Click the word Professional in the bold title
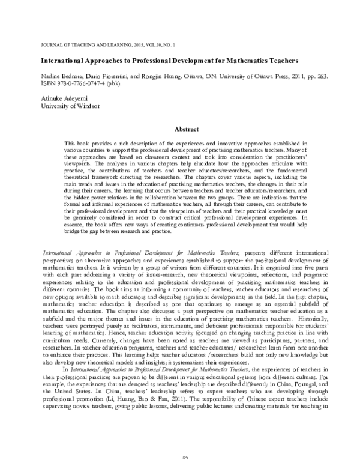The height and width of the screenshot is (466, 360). coord(157,61)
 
